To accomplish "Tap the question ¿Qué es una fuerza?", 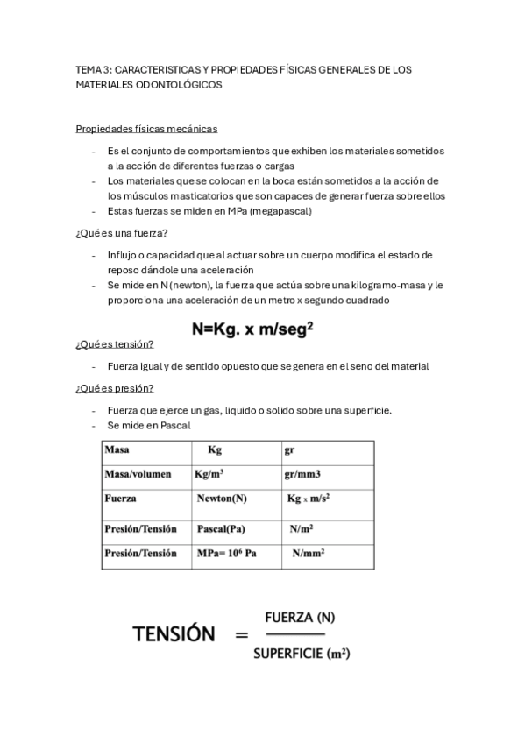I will pyautogui.click(x=122, y=232).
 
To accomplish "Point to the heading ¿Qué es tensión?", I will pyautogui.click(x=115, y=343).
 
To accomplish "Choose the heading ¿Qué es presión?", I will pyautogui.click(x=116, y=388).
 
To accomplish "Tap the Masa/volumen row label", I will pyautogui.click(x=138, y=475).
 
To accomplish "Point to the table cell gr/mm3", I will pyautogui.click(x=302, y=475).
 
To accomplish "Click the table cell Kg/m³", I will pyautogui.click(x=209, y=475).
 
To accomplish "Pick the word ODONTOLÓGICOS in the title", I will pyautogui.click(x=178, y=85).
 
